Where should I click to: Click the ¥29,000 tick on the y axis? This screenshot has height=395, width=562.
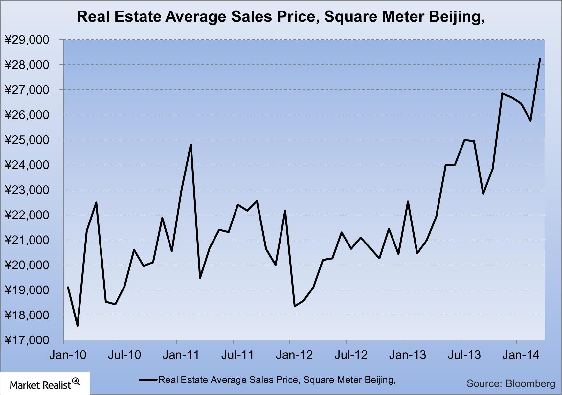(27, 40)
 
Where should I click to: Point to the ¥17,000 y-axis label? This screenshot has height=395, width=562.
(27, 340)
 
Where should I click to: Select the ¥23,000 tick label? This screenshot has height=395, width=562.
(27, 190)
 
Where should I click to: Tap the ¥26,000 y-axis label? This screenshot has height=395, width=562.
(27, 115)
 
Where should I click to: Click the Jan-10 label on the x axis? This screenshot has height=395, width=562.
(68, 355)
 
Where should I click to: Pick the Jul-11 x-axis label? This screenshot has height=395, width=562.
(237, 355)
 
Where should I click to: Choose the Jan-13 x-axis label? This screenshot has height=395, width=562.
(408, 355)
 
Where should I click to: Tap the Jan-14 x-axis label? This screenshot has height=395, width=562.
(521, 355)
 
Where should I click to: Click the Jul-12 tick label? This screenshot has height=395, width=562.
(351, 355)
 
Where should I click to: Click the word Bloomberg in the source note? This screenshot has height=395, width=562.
(530, 383)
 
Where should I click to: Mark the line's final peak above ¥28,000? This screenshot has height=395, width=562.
(540, 59)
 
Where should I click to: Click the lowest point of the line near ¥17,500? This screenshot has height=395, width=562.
(78, 326)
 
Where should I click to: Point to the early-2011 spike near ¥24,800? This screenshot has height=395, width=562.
(191, 145)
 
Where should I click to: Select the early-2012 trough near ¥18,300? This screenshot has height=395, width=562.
(295, 306)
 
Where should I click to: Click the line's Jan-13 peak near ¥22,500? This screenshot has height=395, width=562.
(408, 201)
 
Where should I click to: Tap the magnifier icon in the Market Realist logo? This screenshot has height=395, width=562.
(76, 382)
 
